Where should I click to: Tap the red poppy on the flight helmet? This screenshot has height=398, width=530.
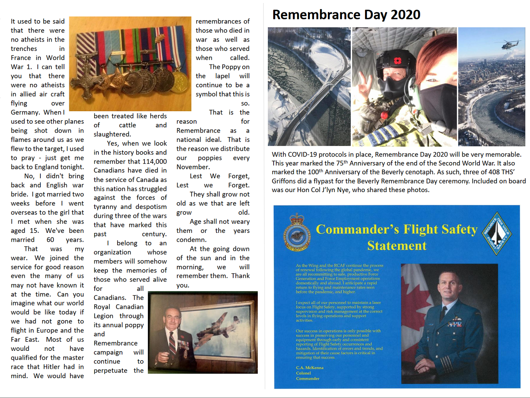pyautogui.click(x=397, y=61)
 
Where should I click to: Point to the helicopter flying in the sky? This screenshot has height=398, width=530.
pyautogui.click(x=510, y=44)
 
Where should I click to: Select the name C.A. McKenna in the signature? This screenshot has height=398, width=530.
pyautogui.click(x=310, y=368)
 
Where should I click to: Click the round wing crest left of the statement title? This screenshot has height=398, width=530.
pyautogui.click(x=297, y=233)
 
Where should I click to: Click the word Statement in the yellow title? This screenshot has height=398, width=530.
pyautogui.click(x=397, y=246)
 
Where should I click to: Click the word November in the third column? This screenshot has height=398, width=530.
pyautogui.click(x=193, y=167)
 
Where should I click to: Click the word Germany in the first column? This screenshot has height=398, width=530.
pyautogui.click(x=25, y=112)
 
